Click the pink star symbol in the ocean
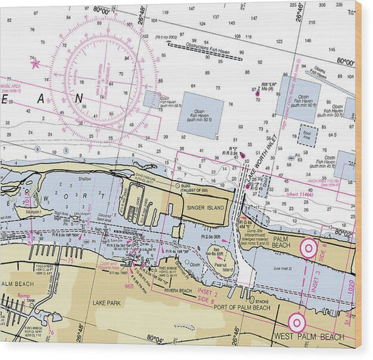coord(35,63)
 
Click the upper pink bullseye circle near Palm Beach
coord(308,247)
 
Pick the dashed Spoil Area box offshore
coord(307,134)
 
